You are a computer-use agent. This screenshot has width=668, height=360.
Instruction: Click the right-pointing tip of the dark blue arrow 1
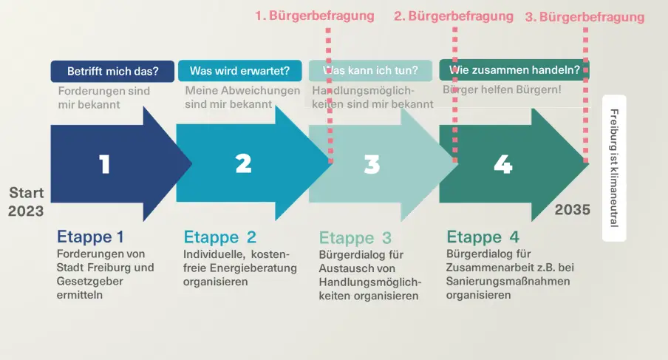pos(192,163)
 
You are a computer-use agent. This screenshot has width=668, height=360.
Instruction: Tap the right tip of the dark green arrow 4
pos(590,164)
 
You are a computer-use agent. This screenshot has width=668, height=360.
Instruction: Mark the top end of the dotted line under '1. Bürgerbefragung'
pos(328,29)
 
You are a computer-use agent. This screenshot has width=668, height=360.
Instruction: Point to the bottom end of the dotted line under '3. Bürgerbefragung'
pos(586,163)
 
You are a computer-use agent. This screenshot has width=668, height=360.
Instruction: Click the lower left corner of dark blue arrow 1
pos(51,202)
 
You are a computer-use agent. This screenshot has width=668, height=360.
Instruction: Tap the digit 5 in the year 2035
pos(586,210)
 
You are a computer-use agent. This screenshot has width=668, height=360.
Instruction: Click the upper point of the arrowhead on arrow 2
pos(276,106)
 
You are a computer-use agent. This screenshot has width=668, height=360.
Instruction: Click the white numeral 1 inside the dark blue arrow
pos(105,164)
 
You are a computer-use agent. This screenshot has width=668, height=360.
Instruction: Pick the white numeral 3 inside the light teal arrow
pos(372,164)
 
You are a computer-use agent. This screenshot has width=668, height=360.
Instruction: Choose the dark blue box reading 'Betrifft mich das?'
pos(112,71)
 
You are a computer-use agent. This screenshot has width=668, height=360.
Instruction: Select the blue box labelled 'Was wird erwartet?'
pos(240,71)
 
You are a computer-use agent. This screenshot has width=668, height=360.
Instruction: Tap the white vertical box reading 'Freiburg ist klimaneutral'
pos(614,168)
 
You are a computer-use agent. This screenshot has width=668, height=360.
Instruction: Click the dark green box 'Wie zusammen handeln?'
pos(514,70)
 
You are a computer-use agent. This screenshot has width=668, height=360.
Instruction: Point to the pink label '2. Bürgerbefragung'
pos(453,16)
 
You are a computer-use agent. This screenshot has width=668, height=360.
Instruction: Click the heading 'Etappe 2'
pos(219,237)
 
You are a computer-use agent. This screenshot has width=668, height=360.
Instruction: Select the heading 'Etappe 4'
pos(483,237)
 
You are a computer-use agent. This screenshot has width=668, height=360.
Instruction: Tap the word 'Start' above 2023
pos(27,193)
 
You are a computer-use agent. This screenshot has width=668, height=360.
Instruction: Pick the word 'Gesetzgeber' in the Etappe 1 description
pos(90,282)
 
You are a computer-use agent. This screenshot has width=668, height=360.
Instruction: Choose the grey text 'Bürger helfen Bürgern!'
pos(502,90)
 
